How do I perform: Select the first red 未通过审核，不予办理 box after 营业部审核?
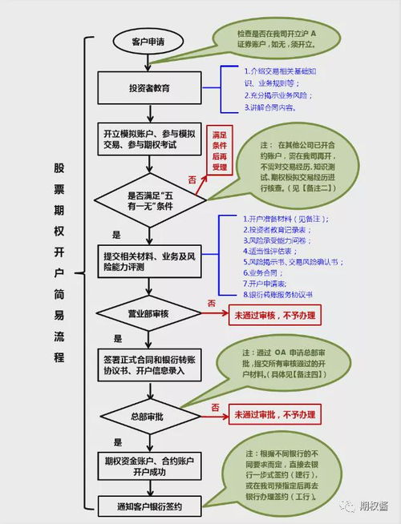(x=273, y=315)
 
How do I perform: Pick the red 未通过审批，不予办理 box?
(x=273, y=416)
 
